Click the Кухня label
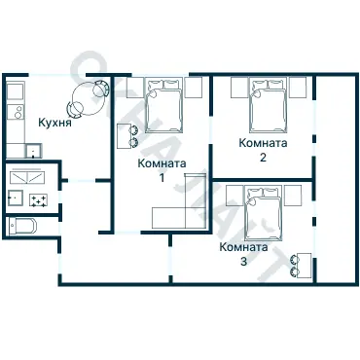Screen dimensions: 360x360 pos(54,123)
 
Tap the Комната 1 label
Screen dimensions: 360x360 pos(162,169)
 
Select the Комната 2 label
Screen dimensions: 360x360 pos(263,149)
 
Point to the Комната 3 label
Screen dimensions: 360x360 pos(244,254)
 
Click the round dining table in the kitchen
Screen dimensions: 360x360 pos(88,98)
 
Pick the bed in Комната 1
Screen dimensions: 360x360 pos(163,105)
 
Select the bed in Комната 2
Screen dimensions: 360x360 pos(269,105)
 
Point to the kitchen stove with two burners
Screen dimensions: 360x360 pos(16,112)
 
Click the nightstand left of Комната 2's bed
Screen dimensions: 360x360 pos(239,88)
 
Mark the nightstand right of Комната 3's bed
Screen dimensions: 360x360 pos(293,196)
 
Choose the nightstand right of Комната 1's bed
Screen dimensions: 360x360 pos(194,88)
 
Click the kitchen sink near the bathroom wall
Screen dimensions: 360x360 pos(34,151)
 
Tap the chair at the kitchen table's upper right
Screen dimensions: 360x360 pos(101,88)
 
